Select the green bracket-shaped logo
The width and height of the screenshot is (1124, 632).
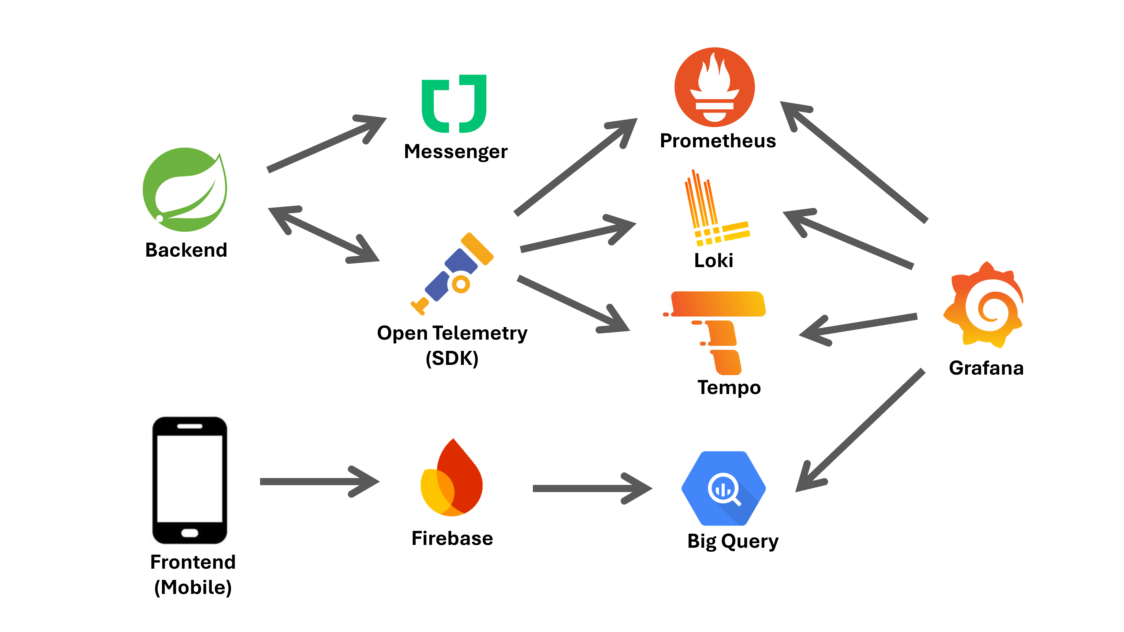453,103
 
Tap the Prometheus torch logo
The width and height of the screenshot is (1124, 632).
715,88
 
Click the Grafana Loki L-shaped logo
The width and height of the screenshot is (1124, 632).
716,209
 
